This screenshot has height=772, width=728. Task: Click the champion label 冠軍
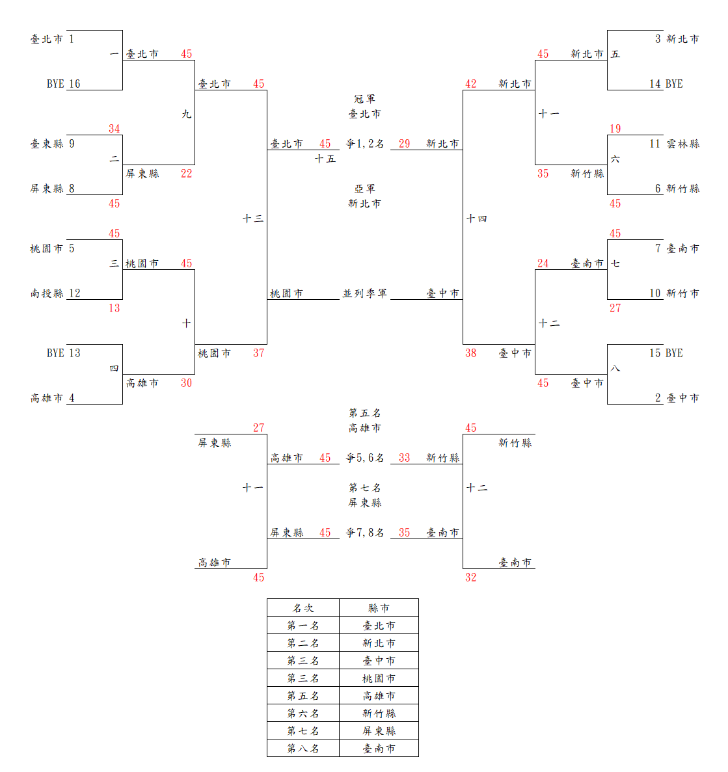pos(364,99)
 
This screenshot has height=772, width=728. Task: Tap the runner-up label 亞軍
pos(364,189)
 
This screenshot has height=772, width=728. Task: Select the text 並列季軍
pos(364,293)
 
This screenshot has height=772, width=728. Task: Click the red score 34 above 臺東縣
pos(115,129)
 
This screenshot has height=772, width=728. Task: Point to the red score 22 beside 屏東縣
pos(187,174)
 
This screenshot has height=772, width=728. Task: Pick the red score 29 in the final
pos(405,144)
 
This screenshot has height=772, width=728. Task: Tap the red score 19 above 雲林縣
pos(615,129)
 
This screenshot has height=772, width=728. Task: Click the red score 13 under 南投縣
pos(115,308)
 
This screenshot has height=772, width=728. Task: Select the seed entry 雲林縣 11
pos(674,144)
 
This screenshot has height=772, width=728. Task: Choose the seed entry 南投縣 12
pos(55,293)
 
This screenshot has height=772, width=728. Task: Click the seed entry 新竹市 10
pos(674,293)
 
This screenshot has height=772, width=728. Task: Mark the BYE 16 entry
pos(63,84)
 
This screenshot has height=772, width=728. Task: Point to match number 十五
pos(325,159)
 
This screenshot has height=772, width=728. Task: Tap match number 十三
pos(253,219)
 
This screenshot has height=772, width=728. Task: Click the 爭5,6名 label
pos(364,458)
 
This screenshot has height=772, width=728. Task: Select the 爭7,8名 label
pos(364,533)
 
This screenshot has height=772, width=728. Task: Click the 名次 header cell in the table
pos(303,608)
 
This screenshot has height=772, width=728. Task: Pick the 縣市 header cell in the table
pos(379,608)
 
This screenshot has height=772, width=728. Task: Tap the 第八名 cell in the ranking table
pos(303,749)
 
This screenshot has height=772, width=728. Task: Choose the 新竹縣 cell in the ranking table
pos(379,713)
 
